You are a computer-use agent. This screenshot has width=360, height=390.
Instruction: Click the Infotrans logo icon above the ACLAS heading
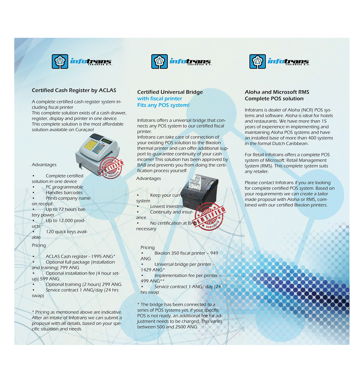point(60,61)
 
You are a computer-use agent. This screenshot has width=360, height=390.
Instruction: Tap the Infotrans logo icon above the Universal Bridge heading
point(159,61)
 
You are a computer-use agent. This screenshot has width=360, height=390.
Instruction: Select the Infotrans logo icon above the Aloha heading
point(257,61)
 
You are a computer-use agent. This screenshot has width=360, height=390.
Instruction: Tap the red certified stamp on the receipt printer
point(209,216)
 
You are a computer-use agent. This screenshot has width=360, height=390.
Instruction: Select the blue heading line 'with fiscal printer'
point(160,98)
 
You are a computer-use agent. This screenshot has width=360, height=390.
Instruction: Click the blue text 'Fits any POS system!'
point(163,105)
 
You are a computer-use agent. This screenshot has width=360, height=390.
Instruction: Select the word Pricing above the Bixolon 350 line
point(148,247)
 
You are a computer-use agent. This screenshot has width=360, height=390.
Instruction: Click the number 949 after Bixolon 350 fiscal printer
point(214,253)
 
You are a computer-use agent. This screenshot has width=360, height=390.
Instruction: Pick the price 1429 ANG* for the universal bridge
point(153,270)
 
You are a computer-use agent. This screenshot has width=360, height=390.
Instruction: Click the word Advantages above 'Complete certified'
point(44,165)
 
